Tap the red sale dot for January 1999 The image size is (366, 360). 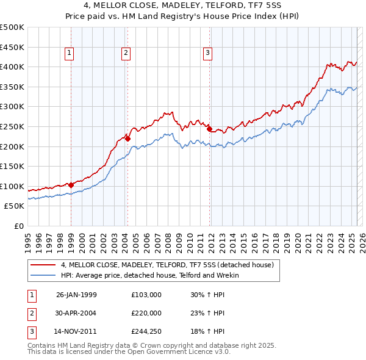pyautogui.click(x=71, y=185)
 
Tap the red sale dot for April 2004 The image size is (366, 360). pyautogui.click(x=127, y=139)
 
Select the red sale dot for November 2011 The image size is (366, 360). pyautogui.click(x=209, y=129)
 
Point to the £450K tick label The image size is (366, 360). pyautogui.click(x=12, y=47)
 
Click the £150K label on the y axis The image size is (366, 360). pyautogui.click(x=12, y=166)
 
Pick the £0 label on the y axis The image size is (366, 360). pyautogui.click(x=19, y=226)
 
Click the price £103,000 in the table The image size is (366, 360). pyautogui.click(x=146, y=294)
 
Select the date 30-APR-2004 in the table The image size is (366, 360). pyautogui.click(x=76, y=313)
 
